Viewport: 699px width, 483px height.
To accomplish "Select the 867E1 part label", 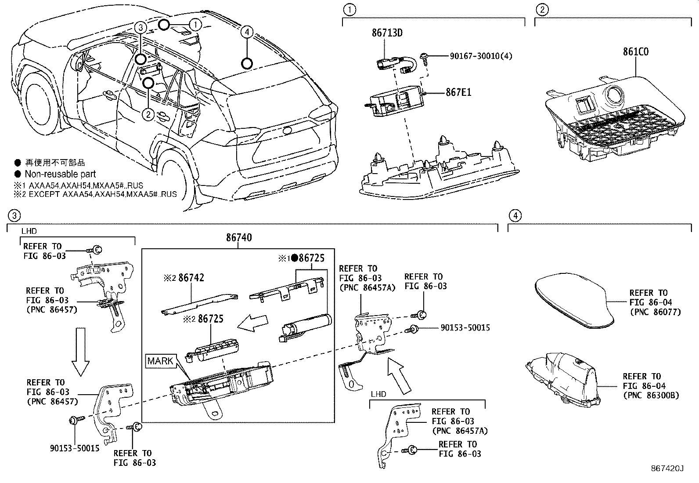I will [458, 93].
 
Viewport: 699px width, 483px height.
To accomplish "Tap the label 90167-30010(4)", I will [481, 56].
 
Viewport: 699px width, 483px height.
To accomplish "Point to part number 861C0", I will [636, 52].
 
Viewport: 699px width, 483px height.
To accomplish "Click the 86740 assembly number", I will [239, 238].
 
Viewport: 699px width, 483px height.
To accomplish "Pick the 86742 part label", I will [191, 278].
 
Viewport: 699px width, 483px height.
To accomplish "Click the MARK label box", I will [160, 361].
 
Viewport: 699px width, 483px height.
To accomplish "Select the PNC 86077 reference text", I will [655, 312].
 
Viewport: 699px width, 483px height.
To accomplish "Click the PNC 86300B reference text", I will [651, 396].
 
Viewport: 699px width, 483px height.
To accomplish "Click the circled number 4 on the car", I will [247, 32].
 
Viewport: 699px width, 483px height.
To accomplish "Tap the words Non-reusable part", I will [60, 174].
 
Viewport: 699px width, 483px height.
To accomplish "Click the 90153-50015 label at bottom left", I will [74, 448].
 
